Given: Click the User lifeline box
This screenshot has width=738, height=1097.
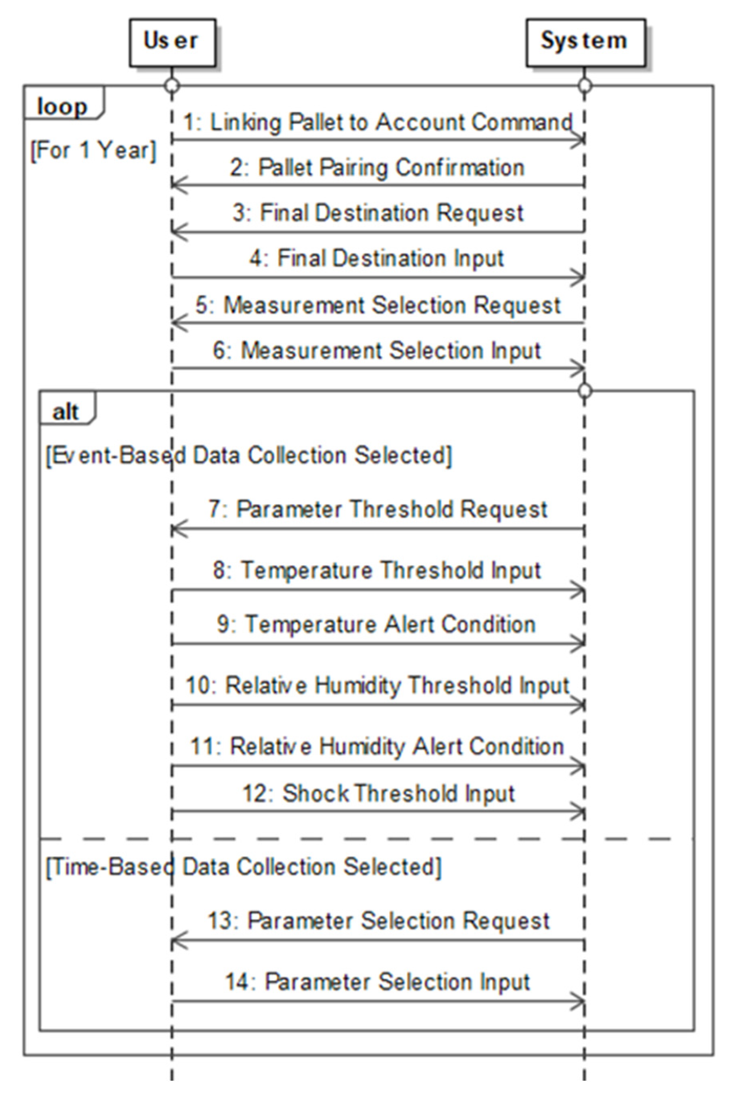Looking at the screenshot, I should pyautogui.click(x=172, y=42).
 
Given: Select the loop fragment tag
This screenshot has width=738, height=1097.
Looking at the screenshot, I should pyautogui.click(x=63, y=107).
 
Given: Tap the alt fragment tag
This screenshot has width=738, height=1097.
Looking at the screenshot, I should pyautogui.click(x=66, y=412).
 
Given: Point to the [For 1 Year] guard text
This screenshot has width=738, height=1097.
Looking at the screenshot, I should pyautogui.click(x=93, y=151).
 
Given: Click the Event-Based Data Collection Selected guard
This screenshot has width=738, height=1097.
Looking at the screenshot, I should pyautogui.click(x=248, y=455).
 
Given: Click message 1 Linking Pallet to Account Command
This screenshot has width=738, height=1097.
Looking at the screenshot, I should pyautogui.click(x=377, y=122).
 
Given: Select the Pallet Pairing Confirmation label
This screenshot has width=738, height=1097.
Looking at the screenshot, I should pyautogui.click(x=377, y=168).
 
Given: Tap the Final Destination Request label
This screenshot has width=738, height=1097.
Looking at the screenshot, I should pyautogui.click(x=377, y=213).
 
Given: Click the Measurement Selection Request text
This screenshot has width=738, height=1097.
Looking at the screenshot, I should pyautogui.click(x=377, y=305).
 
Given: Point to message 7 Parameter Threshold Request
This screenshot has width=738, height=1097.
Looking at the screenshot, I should pyautogui.click(x=377, y=509).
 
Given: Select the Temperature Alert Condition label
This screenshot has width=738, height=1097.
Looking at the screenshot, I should pyautogui.click(x=377, y=625).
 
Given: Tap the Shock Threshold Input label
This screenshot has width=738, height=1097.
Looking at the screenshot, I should pyautogui.click(x=378, y=793).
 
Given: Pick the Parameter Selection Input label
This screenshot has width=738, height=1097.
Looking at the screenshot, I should pyautogui.click(x=377, y=982).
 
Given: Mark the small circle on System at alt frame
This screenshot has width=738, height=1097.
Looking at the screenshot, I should pyautogui.click(x=584, y=390).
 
